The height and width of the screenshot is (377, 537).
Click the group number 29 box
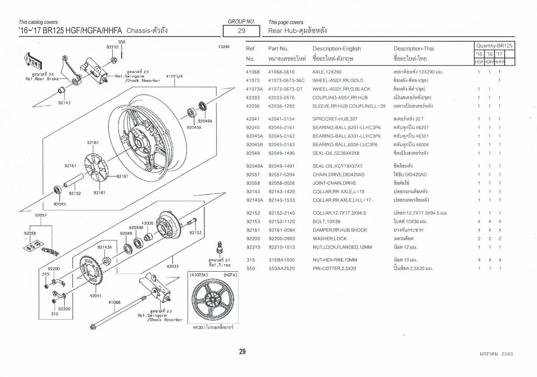coord(241,31)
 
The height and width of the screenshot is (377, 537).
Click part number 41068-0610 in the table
coord(281,72)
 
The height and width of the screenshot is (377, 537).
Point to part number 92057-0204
coord(281,174)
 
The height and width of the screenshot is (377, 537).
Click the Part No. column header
coord(278,48)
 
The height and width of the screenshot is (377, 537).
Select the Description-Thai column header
coord(413,48)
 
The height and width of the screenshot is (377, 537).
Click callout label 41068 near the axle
coord(114,302)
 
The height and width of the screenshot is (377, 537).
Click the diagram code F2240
coord(224,46)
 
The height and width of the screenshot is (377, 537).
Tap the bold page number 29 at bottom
coord(242,352)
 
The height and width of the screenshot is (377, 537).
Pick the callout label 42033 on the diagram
coord(173,266)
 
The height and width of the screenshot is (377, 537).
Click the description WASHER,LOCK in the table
coord(329,238)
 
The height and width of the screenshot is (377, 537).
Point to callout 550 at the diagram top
coord(121,42)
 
